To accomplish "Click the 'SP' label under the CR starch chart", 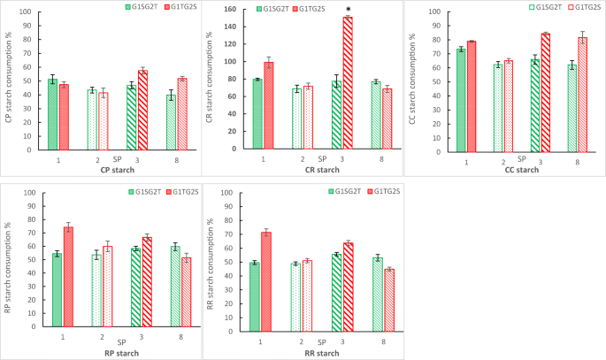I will point(322,157).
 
